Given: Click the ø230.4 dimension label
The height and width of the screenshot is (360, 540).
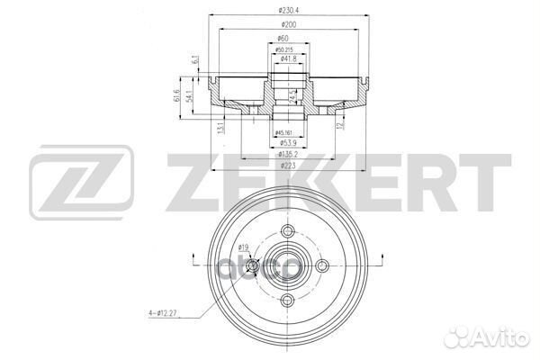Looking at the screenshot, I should pyautogui.click(x=287, y=11).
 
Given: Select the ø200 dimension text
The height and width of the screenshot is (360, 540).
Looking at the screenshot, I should pyautogui.click(x=287, y=25).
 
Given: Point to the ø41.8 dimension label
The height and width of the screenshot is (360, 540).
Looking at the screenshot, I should pyautogui.click(x=288, y=58).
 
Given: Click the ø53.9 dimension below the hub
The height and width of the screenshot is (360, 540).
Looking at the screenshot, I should pyautogui.click(x=286, y=142).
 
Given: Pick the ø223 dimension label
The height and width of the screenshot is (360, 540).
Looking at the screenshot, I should pyautogui.click(x=287, y=166).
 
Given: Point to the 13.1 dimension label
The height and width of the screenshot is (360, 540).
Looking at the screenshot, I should pyautogui.click(x=221, y=129).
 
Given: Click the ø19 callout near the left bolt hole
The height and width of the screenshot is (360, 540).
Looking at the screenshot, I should pyautogui.click(x=244, y=247).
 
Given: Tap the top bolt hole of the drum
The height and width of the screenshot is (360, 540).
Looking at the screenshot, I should pyautogui.click(x=287, y=231).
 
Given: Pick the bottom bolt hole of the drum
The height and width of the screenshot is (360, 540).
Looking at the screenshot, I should pyautogui.click(x=287, y=301).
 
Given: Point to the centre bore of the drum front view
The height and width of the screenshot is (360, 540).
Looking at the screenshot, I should pyautogui.click(x=287, y=265).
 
